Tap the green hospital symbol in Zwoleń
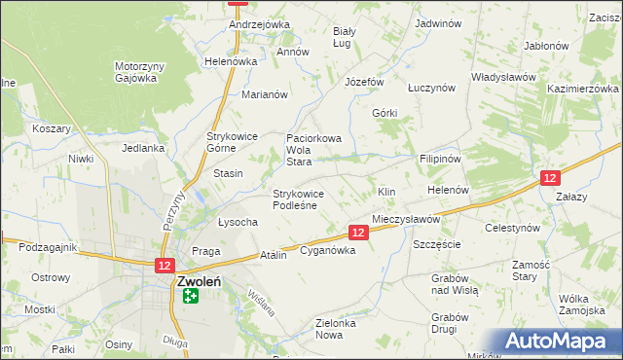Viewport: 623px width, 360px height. click(x=190, y=295)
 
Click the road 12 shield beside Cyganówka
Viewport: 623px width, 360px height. click(x=358, y=232)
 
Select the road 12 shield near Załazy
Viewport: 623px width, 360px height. click(x=550, y=178)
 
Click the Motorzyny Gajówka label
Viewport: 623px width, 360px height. click(x=135, y=73)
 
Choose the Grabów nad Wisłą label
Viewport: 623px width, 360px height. click(x=450, y=283)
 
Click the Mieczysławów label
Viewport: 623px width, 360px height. click(x=406, y=220)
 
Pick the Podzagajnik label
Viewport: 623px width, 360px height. click(x=47, y=247)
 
